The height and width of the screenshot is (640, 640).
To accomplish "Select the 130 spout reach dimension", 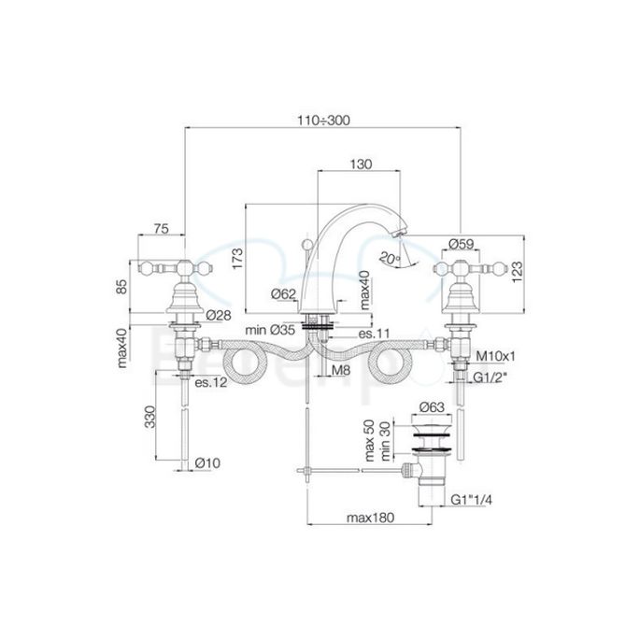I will coord(361,164).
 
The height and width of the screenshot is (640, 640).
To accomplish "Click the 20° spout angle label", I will coord(390,255).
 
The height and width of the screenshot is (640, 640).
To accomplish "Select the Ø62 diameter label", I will coord(283,294).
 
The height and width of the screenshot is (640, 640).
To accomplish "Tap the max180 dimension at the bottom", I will coord(370,517).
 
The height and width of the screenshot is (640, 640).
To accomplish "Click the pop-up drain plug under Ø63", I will coord(434,431).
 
